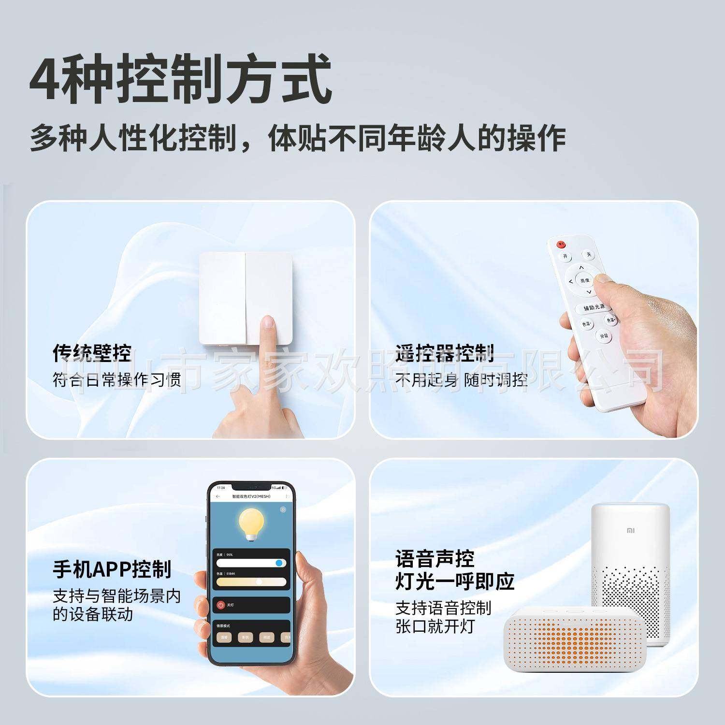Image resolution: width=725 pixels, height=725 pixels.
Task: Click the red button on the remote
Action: [x=561, y=245]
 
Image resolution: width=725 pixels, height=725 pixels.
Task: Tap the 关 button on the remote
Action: [x=588, y=254]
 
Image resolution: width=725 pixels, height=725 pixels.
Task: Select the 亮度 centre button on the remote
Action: [x=585, y=280]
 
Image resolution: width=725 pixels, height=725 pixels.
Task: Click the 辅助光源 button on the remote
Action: [x=594, y=307]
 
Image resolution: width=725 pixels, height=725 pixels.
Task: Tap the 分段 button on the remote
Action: [x=604, y=335]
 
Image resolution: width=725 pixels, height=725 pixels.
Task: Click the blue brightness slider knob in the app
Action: [x=279, y=563]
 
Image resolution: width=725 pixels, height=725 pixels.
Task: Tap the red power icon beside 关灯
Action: [x=221, y=605]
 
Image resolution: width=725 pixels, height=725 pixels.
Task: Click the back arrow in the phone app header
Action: [x=218, y=496]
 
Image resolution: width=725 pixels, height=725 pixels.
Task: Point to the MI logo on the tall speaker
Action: [x=631, y=531]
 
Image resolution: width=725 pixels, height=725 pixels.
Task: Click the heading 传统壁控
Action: [x=92, y=353]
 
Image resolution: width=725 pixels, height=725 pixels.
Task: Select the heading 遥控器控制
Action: [x=444, y=353]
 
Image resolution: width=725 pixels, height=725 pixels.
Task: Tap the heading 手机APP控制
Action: [x=112, y=569]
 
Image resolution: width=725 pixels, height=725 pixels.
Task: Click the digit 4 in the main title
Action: [x=44, y=78]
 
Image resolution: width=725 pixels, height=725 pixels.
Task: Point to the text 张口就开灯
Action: [x=435, y=626]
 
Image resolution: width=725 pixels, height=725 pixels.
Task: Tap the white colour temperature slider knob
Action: [x=260, y=581]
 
